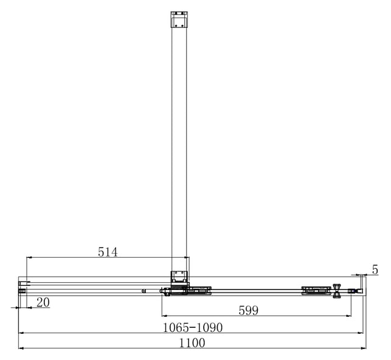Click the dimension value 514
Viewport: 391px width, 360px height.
tap(108, 252)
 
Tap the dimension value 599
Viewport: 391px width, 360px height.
tap(248, 311)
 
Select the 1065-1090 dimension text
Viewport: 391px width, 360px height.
tap(193, 328)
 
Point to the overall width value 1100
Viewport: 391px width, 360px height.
tap(192, 343)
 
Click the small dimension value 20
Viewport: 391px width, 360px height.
tap(43, 302)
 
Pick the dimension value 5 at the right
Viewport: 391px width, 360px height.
tap(375, 270)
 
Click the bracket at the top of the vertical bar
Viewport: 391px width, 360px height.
tap(179, 19)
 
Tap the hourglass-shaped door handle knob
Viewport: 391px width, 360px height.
tap(337, 291)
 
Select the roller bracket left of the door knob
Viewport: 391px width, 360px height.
tap(316, 291)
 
